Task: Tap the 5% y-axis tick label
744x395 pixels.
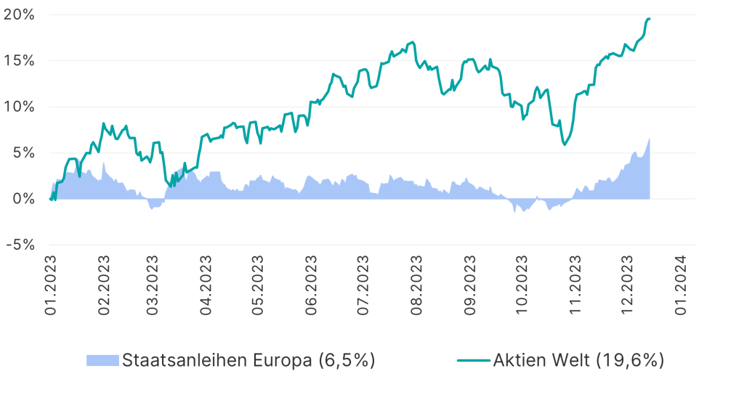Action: point(23,153)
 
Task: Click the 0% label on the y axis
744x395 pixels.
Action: point(23,199)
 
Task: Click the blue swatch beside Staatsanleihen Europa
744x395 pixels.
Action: point(102,360)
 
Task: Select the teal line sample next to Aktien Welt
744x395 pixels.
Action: point(473,360)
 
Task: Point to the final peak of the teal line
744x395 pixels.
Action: point(649,19)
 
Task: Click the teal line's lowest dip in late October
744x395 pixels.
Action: point(565,144)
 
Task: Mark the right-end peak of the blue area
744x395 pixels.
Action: point(649,139)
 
